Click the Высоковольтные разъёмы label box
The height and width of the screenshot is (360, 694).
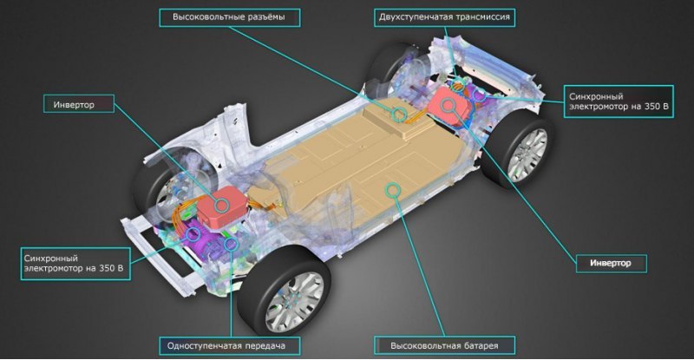point(229,17)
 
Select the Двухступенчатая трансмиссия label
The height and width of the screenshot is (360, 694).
point(444,17)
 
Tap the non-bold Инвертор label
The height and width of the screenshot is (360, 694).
point(78,104)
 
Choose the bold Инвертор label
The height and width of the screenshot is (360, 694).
point(611,264)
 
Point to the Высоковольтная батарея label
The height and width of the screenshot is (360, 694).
point(444,346)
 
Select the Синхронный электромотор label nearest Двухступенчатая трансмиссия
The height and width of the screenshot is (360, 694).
point(619,101)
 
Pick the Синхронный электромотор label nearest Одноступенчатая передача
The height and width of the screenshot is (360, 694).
point(75,264)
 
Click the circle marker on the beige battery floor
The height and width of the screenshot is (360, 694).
point(393,190)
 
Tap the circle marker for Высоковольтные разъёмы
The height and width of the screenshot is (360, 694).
point(399,115)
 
